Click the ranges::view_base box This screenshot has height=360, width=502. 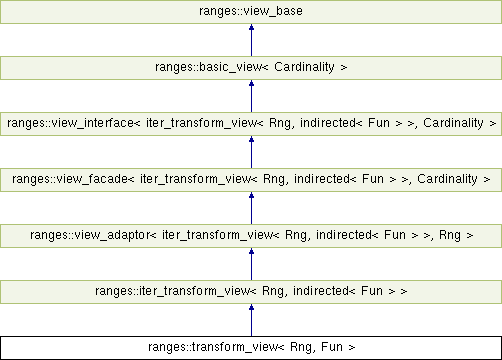(x=251, y=12)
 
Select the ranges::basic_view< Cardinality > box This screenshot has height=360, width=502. (x=251, y=68)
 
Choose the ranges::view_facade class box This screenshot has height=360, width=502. (x=251, y=180)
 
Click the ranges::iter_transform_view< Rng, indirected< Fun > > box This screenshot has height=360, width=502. (x=251, y=292)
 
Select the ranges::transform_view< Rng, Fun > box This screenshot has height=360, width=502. (x=251, y=348)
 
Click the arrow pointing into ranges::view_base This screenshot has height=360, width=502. (x=251, y=40)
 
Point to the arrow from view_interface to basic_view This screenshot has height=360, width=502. (x=251, y=96)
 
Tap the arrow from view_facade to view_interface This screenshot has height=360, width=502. (x=251, y=152)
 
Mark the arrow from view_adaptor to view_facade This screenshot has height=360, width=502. (x=251, y=208)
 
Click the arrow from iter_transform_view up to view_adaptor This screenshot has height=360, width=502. (x=251, y=264)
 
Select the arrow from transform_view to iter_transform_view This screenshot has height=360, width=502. (x=251, y=320)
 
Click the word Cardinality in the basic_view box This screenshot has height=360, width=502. (x=303, y=68)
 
